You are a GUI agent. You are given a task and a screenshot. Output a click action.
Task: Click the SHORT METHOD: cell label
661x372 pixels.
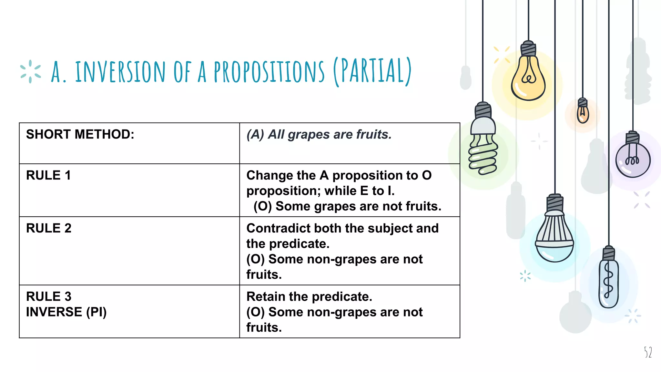80,134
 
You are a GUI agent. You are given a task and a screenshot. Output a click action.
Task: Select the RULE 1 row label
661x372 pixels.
48,175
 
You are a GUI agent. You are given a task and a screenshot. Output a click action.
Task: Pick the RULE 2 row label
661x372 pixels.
49,228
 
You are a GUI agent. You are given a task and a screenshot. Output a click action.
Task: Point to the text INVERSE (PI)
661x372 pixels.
66,312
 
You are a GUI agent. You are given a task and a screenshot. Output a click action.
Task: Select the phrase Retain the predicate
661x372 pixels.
309,296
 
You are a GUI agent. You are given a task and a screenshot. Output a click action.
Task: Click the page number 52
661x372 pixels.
648,352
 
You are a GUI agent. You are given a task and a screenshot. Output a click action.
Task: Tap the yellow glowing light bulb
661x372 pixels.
528,79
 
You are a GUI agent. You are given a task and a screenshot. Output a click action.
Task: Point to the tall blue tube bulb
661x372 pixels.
609,283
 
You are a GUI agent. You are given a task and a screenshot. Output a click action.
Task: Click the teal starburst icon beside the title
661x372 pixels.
30,71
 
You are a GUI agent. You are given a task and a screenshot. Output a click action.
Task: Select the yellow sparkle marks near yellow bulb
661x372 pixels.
502,55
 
